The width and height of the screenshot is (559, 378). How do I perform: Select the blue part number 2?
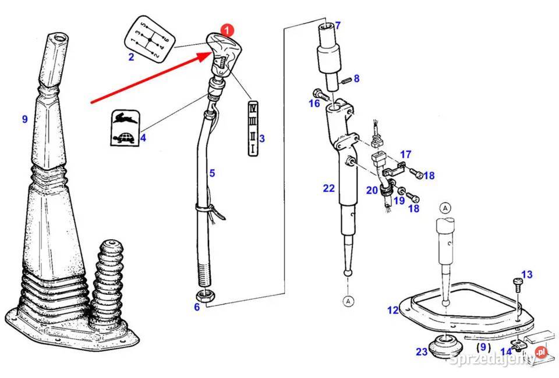131,57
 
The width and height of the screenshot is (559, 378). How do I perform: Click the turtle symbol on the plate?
122,139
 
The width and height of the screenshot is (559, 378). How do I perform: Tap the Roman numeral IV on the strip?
252,108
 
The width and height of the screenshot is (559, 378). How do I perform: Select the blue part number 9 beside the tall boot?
24,119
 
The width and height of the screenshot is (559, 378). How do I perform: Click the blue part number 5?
212,173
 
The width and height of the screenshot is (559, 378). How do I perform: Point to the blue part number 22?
329,188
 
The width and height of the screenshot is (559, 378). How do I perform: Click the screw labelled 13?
516,284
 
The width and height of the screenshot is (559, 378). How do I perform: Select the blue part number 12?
393,310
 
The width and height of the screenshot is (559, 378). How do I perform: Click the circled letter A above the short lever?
445,208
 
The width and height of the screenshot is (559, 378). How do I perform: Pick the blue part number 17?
405,155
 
